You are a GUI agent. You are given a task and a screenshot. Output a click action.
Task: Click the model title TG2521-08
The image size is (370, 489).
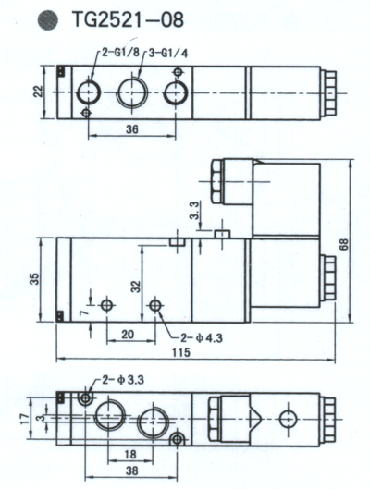point(128,19)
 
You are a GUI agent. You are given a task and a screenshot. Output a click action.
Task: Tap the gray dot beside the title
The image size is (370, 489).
point(48,20)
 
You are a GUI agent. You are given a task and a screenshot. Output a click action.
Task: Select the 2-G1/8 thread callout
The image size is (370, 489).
point(121,53)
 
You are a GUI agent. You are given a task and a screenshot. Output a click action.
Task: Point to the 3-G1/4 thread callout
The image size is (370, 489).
point(168,54)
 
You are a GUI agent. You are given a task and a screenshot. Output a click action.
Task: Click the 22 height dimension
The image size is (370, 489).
point(39,92)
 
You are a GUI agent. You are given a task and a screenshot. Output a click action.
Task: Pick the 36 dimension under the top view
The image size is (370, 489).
point(132,129)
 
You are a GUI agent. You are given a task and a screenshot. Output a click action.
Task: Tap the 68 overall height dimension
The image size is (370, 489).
point(344,244)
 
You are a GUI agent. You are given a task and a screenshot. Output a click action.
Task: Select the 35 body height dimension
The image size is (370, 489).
point(35,278)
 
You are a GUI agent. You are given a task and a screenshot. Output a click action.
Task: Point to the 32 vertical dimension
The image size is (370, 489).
point(135,287)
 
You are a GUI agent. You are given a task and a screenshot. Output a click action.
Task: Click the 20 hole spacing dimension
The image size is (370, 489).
point(128,335)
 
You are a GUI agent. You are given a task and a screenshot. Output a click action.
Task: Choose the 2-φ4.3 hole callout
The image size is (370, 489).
point(202,338)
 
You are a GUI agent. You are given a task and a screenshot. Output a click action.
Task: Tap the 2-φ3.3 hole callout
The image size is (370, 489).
point(123,380)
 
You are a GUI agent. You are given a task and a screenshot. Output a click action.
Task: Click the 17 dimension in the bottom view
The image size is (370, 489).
point(24,419)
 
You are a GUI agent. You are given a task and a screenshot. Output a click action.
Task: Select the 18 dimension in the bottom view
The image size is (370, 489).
point(130,455)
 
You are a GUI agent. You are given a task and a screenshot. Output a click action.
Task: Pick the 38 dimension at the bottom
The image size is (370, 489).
point(131,471)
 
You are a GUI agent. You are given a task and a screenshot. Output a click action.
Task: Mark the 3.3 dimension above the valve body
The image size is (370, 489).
point(194,211)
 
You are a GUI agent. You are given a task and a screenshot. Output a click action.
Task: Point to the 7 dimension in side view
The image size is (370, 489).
point(83,312)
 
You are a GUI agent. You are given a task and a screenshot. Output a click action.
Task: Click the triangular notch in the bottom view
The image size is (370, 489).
point(254,414)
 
